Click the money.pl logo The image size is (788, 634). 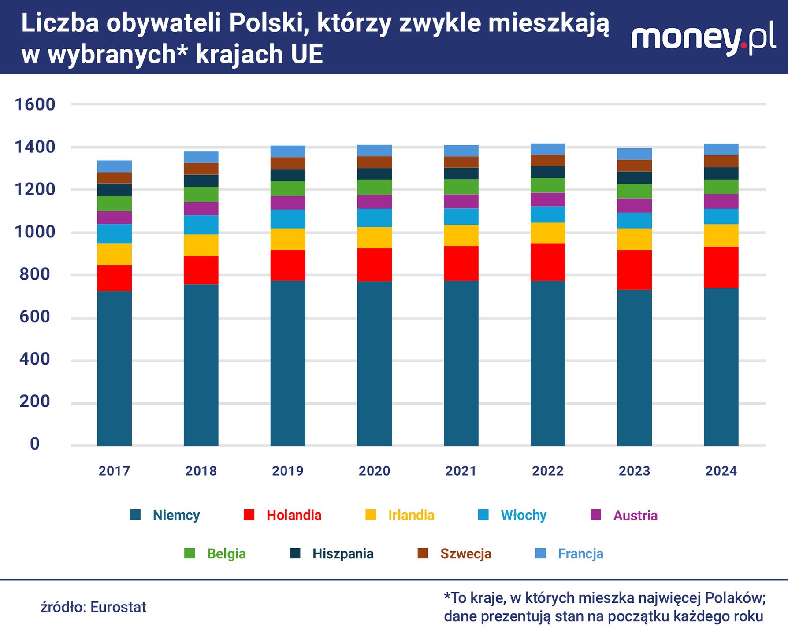tap(703, 39)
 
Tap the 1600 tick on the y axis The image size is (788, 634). tap(35, 104)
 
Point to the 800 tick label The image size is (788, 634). tap(35, 274)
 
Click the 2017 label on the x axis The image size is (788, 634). tap(114, 471)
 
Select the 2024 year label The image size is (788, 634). tap(721, 471)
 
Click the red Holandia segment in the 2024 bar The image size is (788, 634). tap(721, 267)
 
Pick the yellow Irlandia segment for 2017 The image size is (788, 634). tap(114, 254)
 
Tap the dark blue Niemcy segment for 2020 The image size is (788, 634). tap(374, 363)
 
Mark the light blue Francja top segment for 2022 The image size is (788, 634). tap(548, 149)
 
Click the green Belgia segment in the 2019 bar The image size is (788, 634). tap(288, 188)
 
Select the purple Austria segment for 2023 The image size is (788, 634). tap(634, 206)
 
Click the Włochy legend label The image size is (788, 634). tap(524, 515)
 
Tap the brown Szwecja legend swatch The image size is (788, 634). tap(423, 553)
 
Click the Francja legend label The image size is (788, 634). tap(580, 553)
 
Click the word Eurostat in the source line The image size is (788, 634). tap(118, 607)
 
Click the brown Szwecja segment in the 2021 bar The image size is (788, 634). tap(461, 162)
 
